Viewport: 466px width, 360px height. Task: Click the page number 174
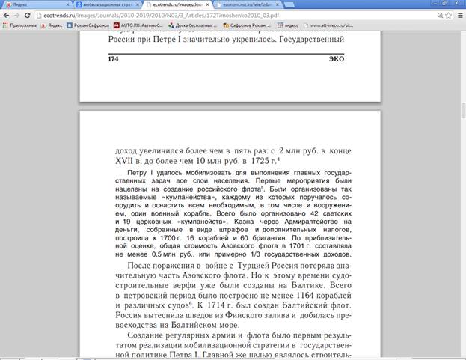click(x=114, y=58)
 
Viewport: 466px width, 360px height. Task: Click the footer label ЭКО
click(x=336, y=58)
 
